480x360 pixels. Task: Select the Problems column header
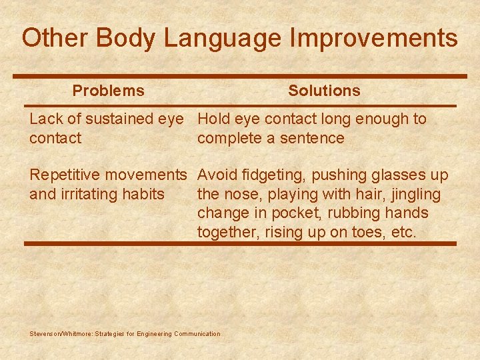tap(108, 91)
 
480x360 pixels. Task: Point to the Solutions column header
tap(324, 91)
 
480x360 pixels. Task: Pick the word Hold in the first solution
tap(213, 119)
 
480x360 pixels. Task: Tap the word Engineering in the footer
tap(153, 334)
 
